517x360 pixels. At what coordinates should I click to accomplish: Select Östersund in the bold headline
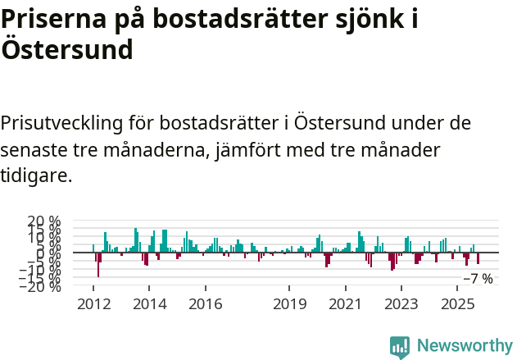click(66, 50)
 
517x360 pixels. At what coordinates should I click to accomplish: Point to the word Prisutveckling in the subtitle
click(61, 124)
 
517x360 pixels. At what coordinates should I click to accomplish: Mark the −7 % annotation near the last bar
click(478, 279)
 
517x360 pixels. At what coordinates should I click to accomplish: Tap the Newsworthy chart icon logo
click(399, 347)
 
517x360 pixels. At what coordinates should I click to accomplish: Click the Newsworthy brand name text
click(464, 347)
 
